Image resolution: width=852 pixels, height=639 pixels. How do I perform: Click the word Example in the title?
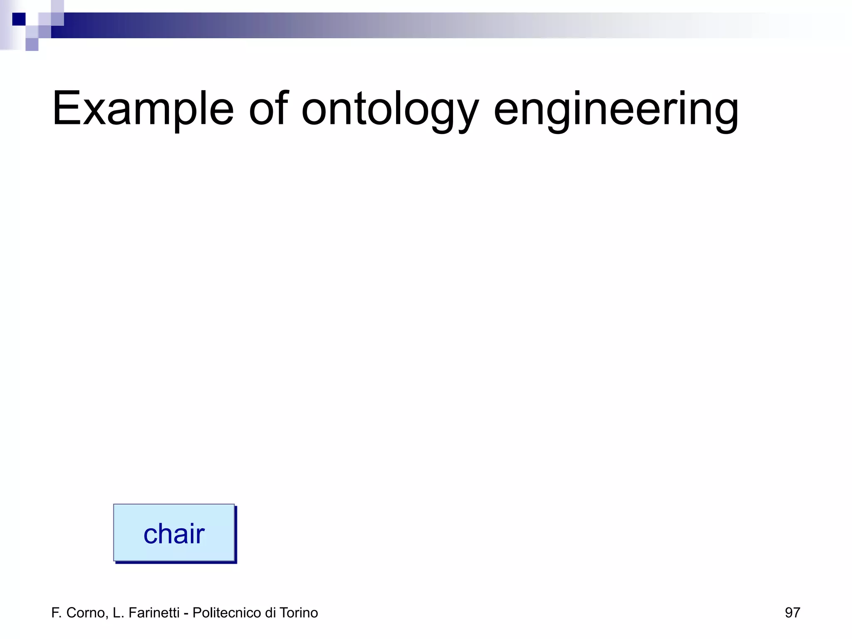pos(143,109)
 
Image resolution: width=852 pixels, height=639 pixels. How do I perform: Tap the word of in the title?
pos(268,109)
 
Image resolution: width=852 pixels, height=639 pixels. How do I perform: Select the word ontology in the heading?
pos(390,109)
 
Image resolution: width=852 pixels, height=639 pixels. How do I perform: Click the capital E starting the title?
pos(65,109)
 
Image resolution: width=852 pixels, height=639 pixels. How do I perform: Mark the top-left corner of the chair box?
pos(114,505)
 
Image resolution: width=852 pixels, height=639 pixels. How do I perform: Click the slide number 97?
pos(792,613)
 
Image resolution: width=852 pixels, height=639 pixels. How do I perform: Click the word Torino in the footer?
pos(299,613)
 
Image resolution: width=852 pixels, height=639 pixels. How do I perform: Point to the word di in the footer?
pos(270,613)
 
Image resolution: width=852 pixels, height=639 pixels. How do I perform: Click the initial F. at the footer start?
pos(56,613)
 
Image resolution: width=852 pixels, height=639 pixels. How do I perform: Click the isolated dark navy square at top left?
pos(19,19)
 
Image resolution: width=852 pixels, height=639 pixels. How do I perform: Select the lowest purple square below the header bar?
pos(32,45)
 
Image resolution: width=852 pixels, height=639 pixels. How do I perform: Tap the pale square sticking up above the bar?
pos(57,6)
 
